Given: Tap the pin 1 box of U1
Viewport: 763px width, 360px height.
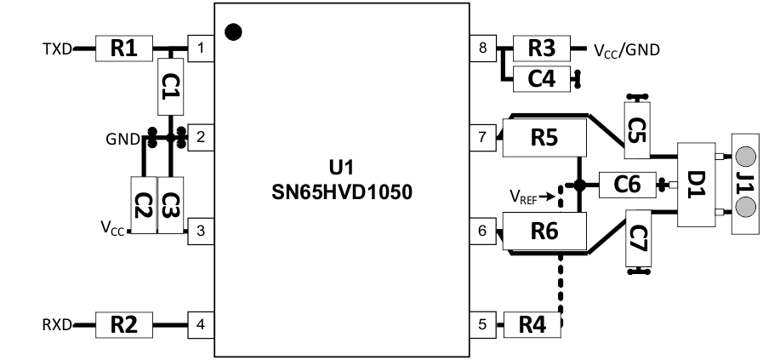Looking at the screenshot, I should click(200, 49).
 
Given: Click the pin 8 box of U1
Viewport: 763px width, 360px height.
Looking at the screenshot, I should click(483, 49).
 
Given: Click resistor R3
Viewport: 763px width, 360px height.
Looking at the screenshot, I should click(540, 49).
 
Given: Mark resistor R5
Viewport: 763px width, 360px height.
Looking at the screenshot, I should click(544, 138).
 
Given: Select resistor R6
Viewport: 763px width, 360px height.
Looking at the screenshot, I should click(544, 231).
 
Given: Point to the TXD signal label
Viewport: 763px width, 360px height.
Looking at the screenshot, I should click(57, 49).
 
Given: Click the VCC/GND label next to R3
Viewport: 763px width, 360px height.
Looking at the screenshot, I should click(627, 49).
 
